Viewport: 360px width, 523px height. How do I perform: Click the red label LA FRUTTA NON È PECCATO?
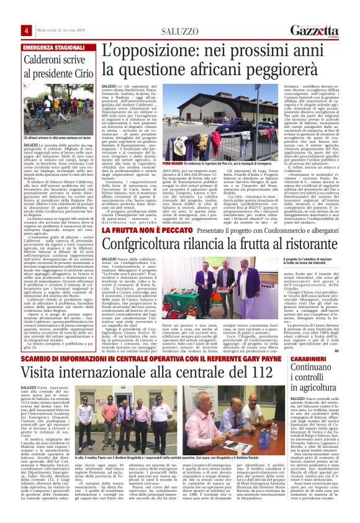(x=138, y=230)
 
